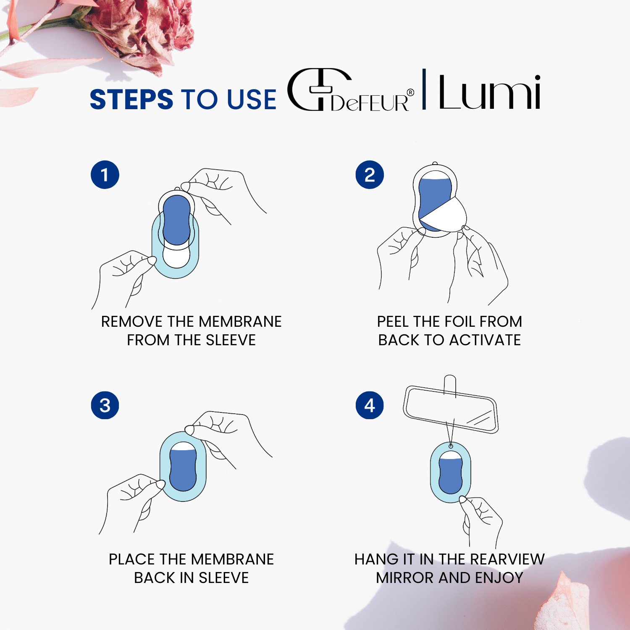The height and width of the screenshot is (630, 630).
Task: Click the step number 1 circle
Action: click(x=105, y=175)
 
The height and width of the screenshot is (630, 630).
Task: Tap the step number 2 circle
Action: click(x=370, y=175)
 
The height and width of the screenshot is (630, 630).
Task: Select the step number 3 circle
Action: click(x=105, y=405)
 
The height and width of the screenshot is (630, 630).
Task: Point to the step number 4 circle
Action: click(x=370, y=405)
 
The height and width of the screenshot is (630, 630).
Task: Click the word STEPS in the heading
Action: click(x=131, y=100)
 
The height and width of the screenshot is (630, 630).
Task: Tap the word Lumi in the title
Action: click(x=490, y=92)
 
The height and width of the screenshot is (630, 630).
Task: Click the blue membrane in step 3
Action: click(x=183, y=469)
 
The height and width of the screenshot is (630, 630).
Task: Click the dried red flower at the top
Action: click(x=143, y=29)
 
